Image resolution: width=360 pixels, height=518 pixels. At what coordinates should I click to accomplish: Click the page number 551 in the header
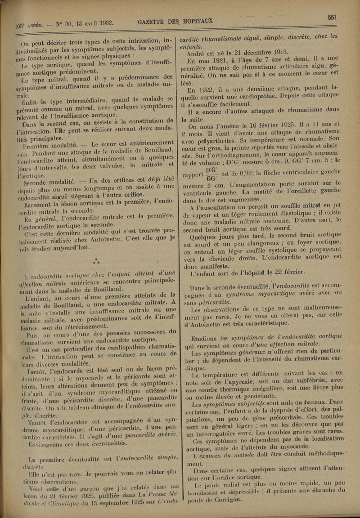(x=333, y=17)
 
